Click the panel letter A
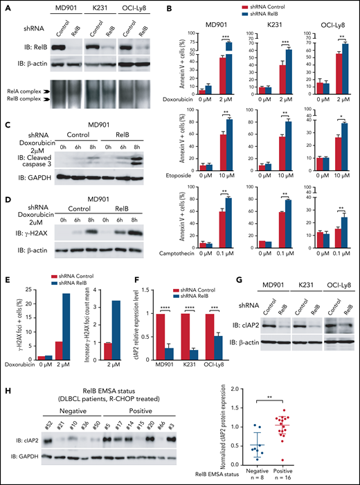6,6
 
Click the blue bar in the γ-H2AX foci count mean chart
119,325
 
